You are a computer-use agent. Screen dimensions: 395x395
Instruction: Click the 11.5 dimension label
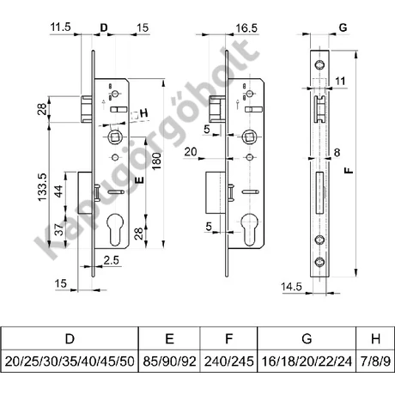(60, 27)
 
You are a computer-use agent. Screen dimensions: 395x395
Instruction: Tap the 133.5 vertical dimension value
(42, 187)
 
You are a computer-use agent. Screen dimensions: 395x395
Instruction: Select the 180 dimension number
(156, 161)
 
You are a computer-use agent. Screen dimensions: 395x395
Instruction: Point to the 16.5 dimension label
(246, 28)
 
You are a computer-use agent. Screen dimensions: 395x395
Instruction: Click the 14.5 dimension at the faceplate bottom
(291, 287)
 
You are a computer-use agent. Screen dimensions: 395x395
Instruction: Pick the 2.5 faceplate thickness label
(111, 260)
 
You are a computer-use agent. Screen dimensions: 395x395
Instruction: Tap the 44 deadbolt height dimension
(59, 191)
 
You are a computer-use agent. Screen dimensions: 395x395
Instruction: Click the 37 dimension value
(59, 229)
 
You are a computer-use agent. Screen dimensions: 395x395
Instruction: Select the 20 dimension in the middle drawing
(191, 152)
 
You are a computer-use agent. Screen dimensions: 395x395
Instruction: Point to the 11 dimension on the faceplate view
(340, 81)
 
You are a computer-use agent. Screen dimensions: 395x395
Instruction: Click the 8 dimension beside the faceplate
(337, 153)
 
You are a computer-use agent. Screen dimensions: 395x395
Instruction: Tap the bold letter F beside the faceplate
(349, 171)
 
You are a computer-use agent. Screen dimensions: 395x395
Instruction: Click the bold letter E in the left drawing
(139, 179)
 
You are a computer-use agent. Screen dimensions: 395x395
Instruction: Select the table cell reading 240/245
(228, 362)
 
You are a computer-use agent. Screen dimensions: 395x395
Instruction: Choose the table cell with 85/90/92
(169, 362)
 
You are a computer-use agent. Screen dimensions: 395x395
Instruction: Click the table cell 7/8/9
(375, 362)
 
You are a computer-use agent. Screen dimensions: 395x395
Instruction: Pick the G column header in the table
(307, 338)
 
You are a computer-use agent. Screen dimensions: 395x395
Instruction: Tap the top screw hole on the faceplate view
(319, 64)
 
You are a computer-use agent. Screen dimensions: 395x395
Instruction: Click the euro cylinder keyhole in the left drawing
(115, 230)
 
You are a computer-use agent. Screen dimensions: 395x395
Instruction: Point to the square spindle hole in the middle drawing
(250, 137)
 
